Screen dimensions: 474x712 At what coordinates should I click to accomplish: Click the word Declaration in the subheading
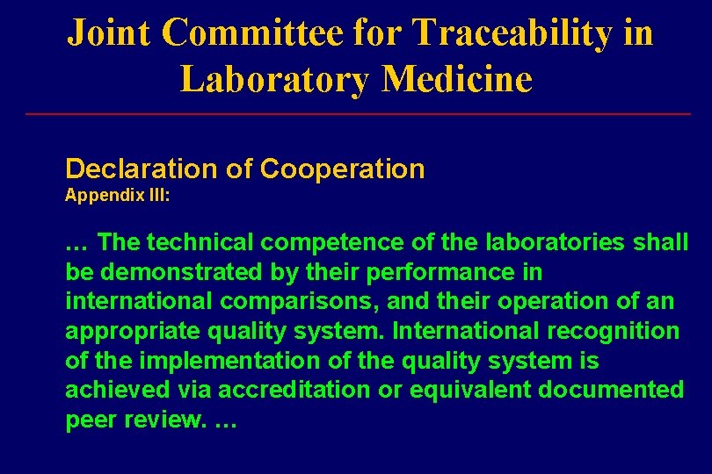coord(142,169)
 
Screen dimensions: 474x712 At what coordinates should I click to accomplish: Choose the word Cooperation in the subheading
coord(343,169)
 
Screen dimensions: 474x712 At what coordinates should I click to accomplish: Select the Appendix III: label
coord(118,196)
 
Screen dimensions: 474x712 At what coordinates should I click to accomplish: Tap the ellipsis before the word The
coord(77,243)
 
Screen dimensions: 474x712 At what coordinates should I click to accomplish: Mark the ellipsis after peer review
coord(226,421)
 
